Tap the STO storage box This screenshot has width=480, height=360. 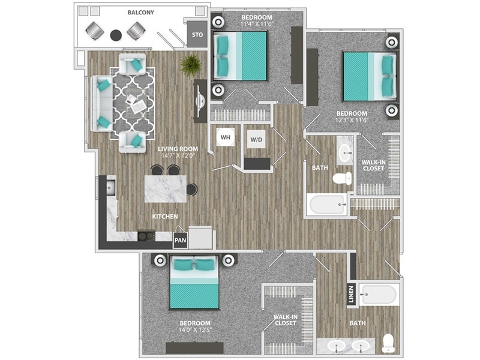196,35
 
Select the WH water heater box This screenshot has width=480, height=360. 226,138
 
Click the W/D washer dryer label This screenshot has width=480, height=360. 256,140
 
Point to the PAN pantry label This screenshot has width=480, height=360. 180,240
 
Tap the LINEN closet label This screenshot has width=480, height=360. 352,295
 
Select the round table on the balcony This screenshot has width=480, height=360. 116,35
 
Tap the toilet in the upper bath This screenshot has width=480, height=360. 343,178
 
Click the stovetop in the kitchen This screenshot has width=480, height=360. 145,236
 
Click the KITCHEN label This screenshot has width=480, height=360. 164,216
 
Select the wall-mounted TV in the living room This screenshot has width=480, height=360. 198,101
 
